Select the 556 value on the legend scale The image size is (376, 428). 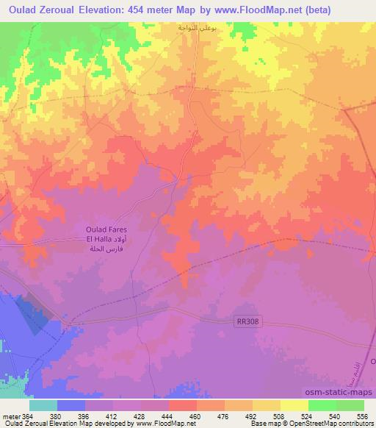coord(364,415)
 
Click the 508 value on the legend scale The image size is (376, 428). coord(280,415)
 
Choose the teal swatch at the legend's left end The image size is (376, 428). coord(43,405)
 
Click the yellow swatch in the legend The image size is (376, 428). coord(266,405)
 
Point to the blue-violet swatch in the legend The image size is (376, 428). coord(71,405)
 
